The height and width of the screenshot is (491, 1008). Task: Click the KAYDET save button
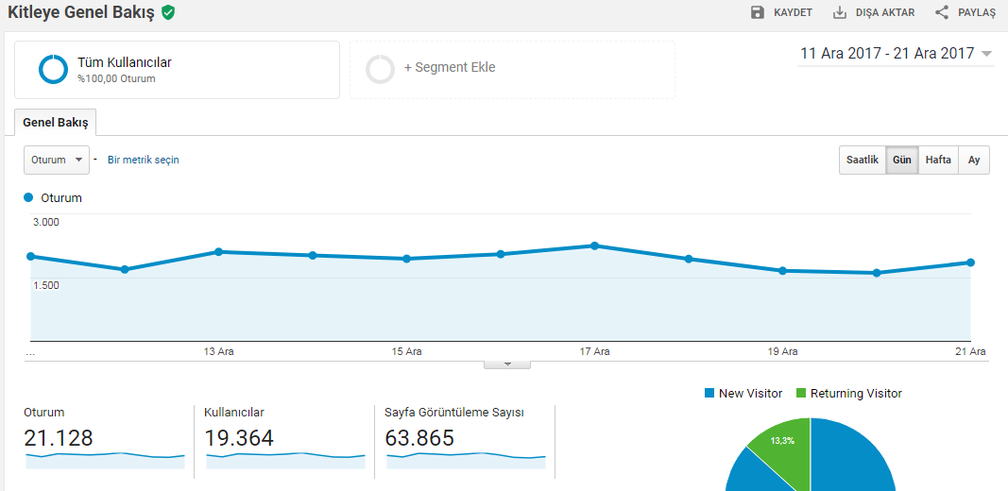[781, 12]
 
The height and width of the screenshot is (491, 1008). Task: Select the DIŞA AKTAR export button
[874, 12]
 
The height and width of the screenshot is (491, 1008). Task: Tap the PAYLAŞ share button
[965, 12]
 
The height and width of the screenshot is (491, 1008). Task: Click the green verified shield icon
[168, 12]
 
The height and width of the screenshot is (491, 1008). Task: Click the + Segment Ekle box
[512, 70]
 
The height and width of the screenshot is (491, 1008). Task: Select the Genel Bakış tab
[56, 123]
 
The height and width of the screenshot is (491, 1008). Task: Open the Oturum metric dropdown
[57, 160]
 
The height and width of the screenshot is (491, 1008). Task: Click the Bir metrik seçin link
[144, 160]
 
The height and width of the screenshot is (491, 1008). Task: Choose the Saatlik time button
[863, 160]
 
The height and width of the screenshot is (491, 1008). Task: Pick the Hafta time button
[939, 160]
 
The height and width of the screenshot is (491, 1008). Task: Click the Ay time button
[974, 160]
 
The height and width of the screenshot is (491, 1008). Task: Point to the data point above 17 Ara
[594, 245]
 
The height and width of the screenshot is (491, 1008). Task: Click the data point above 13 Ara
[218, 251]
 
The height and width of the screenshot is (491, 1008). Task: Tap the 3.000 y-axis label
[46, 222]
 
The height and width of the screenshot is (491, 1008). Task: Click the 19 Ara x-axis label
[782, 351]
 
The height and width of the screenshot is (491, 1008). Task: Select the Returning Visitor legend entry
[849, 394]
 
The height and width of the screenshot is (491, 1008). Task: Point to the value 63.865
[419, 438]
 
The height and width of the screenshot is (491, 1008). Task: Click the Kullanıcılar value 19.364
[239, 438]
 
